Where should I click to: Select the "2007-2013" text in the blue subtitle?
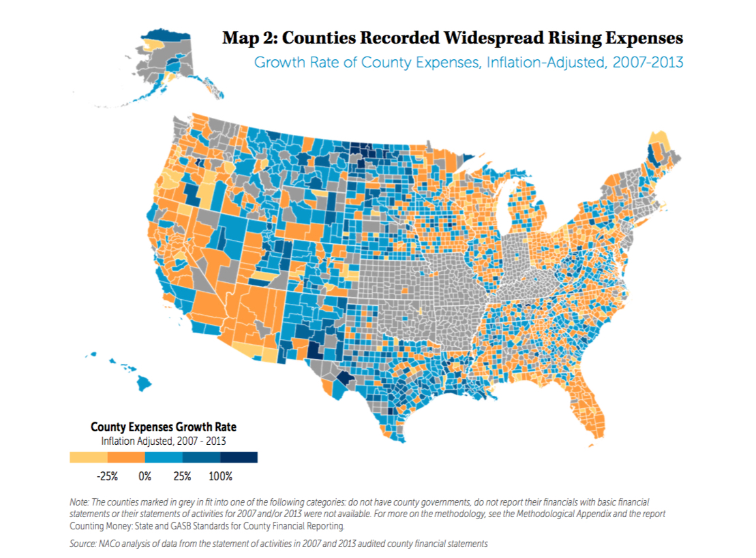pos(648,62)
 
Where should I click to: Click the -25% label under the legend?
pos(108,476)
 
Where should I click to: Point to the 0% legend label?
pos(145,476)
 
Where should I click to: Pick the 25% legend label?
pos(182,476)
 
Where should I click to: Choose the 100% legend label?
pos(220,476)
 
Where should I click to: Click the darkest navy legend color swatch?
pos(239,457)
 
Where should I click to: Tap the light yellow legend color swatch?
pos(89,457)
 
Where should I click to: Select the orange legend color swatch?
pos(126,457)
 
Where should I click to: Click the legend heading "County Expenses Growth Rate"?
pos(164,427)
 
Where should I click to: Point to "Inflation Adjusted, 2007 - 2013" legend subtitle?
pos(164,440)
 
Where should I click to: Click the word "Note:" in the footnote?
pos(80,502)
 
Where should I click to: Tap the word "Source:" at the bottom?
pos(84,544)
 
